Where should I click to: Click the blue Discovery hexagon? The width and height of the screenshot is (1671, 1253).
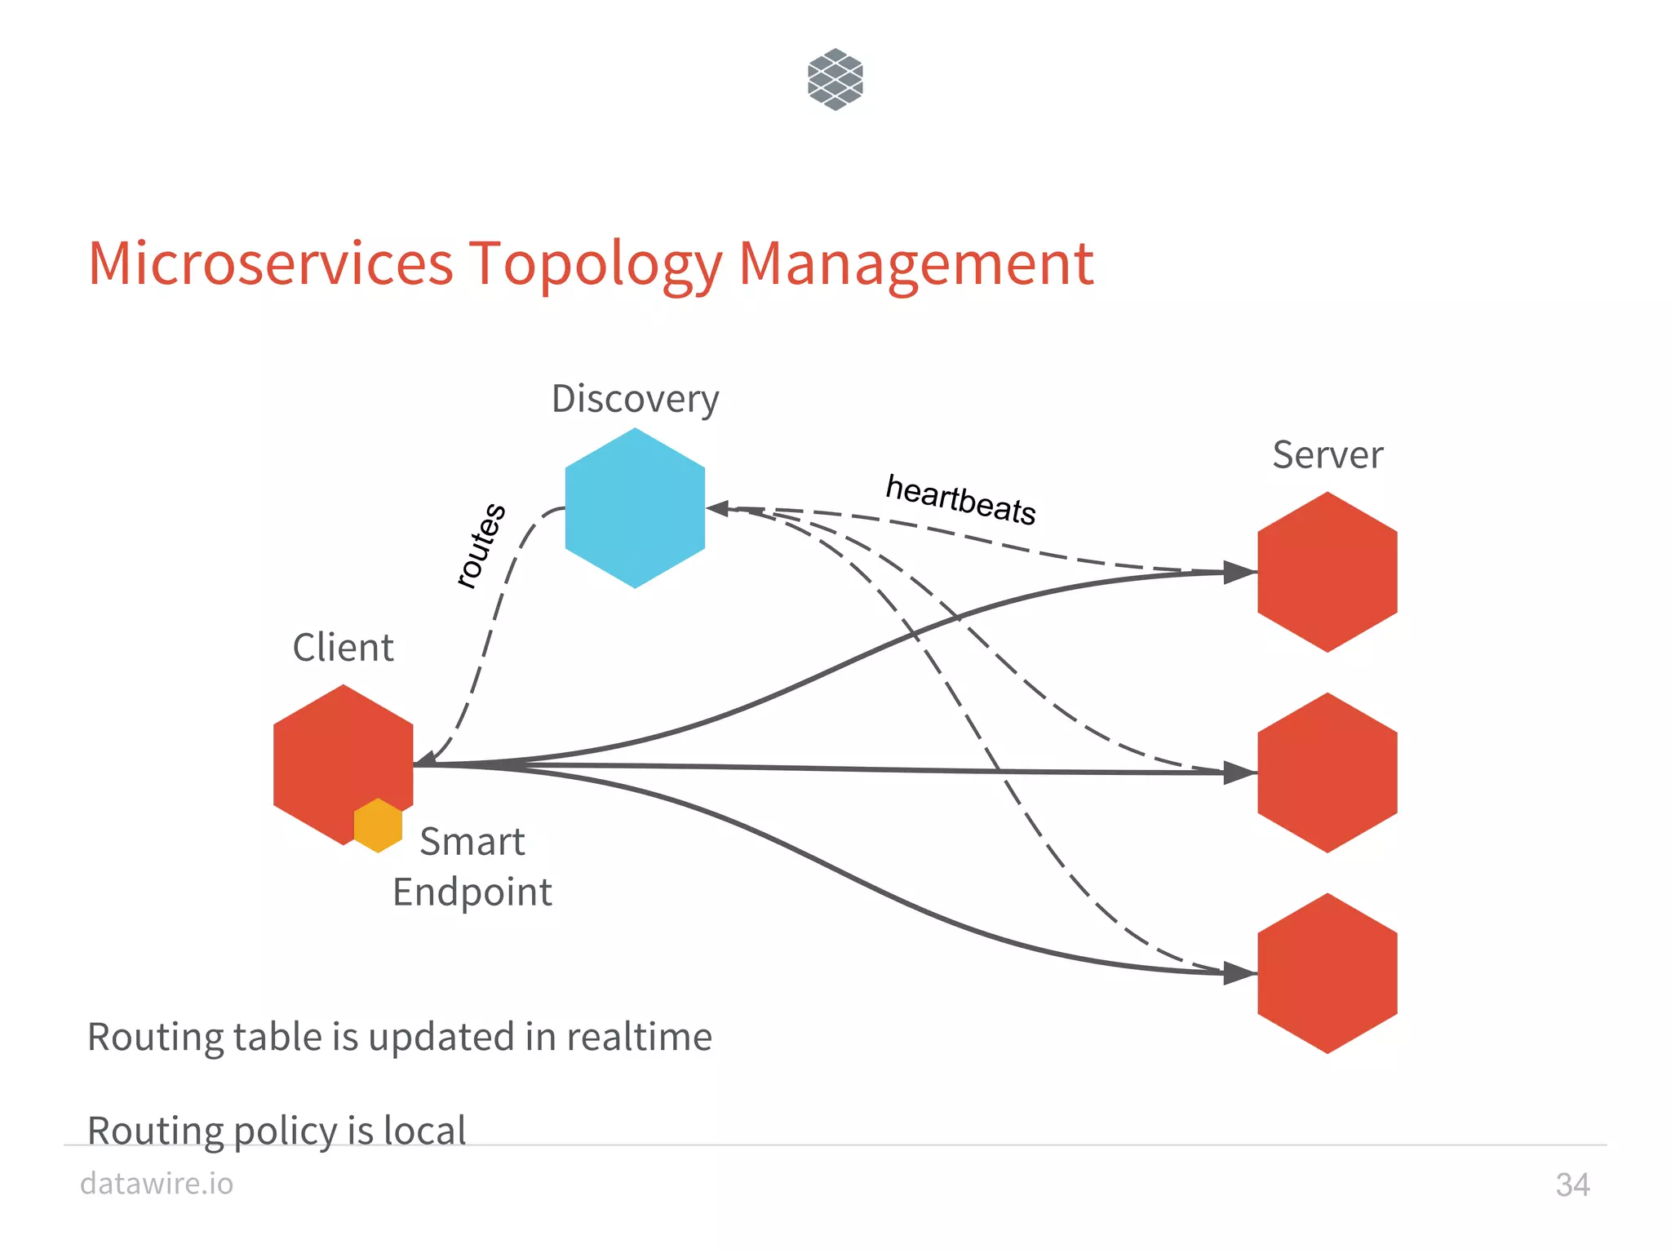[635, 508]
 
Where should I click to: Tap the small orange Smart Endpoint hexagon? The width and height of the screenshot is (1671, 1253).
[378, 826]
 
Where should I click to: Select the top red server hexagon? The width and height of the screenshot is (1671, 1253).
[1327, 572]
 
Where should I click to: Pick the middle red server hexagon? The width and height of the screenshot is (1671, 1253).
[1327, 773]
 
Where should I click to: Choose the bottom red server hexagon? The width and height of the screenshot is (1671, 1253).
[1327, 973]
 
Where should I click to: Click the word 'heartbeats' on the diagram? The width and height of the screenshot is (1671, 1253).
[961, 499]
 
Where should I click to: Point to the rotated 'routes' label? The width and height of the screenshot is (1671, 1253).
[481, 545]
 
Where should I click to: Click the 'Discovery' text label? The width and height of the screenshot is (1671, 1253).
[635, 400]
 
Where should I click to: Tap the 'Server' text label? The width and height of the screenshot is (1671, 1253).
[1327, 454]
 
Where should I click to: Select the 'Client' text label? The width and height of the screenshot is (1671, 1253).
[343, 647]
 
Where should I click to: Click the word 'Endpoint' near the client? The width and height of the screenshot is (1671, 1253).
[472, 892]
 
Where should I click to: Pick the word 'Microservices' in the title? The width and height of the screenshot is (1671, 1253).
[271, 263]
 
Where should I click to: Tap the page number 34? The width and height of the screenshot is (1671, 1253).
[1572, 1184]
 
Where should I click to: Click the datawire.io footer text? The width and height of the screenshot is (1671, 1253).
[157, 1183]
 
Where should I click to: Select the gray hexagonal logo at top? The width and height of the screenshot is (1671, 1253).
[835, 79]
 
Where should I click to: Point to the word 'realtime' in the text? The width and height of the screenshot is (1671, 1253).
[639, 1037]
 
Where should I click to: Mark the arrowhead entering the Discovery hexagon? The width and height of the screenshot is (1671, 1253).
[718, 508]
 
